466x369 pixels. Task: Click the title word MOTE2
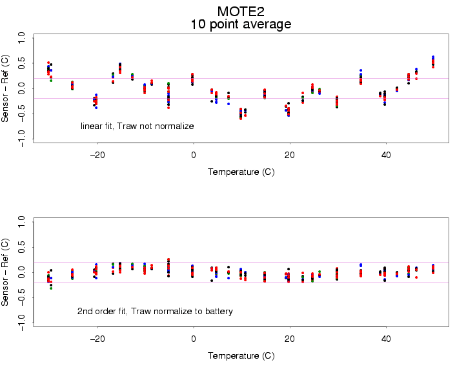click(241, 11)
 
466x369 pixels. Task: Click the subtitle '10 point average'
click(241, 25)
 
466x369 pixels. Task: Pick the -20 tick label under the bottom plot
click(97, 339)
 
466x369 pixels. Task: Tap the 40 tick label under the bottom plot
click(385, 339)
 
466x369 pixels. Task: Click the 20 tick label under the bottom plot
click(289, 339)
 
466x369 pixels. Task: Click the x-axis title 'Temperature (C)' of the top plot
click(241, 172)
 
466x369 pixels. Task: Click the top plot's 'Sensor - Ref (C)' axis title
click(6, 88)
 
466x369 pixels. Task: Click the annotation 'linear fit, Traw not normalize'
click(137, 126)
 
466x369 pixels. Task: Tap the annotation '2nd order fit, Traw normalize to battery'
click(155, 312)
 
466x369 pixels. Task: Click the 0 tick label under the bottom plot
click(193, 339)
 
